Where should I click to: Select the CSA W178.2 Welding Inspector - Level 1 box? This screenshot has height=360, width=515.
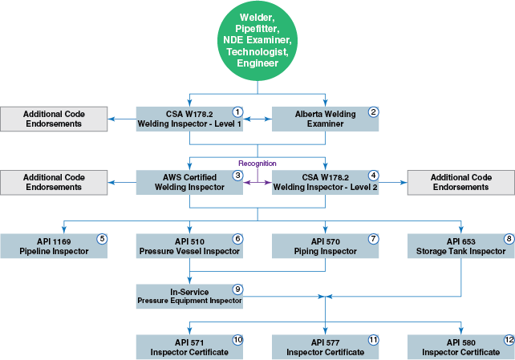tap(189, 119)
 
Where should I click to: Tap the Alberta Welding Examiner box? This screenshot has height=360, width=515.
tap(325, 119)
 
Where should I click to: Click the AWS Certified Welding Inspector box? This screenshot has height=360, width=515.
tap(189, 182)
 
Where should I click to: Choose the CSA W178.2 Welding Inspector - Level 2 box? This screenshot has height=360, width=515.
tap(325, 182)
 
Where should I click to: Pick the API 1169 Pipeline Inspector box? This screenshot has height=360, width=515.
tap(53, 245)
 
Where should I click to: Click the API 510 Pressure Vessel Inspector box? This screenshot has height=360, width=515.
tap(189, 245)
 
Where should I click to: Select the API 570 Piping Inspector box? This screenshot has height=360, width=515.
tap(325, 245)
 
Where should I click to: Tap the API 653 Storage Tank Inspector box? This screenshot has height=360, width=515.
tap(460, 245)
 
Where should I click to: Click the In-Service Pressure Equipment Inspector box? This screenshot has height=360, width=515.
tap(189, 297)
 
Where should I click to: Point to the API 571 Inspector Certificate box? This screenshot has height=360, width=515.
tap(189, 346)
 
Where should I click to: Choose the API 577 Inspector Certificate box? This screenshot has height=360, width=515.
tap(325, 346)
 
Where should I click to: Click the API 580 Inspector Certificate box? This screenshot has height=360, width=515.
tap(460, 346)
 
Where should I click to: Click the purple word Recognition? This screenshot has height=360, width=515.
tap(257, 163)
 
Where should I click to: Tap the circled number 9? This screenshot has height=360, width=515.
tap(237, 289)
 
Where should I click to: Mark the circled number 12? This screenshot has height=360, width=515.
tap(508, 340)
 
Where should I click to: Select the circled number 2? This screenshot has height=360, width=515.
tap(373, 111)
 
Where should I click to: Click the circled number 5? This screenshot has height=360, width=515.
tap(101, 238)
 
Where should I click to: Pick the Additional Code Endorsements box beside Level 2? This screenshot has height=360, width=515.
tap(460, 182)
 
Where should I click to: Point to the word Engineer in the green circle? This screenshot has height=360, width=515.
tap(257, 63)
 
